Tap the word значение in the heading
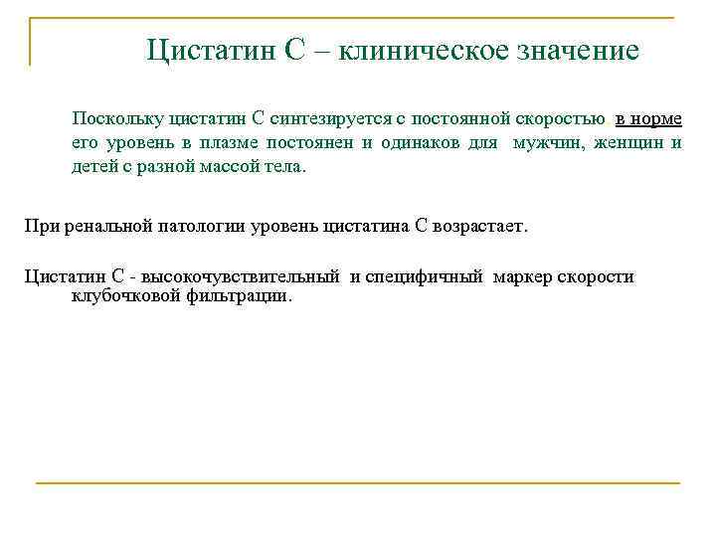point(576,49)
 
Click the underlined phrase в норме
point(648,119)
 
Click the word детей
point(94,166)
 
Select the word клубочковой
point(122,295)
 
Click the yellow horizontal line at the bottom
point(358,483)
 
